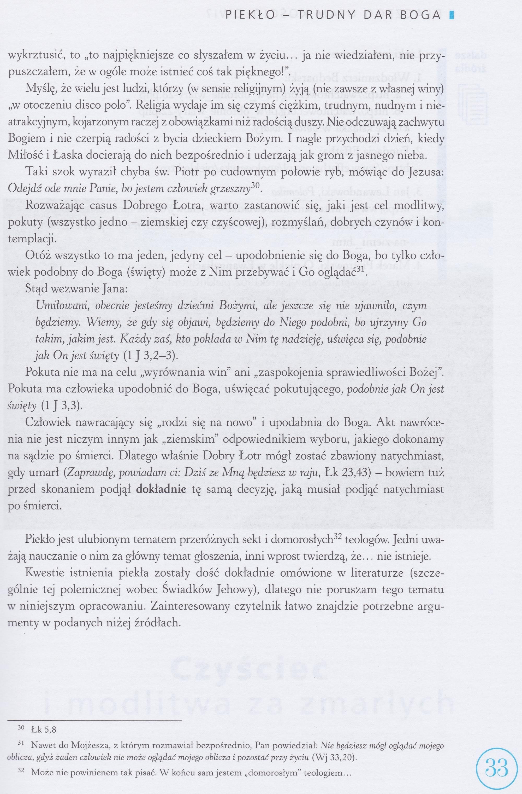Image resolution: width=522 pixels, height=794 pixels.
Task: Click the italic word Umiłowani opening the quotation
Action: [x=61, y=306]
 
